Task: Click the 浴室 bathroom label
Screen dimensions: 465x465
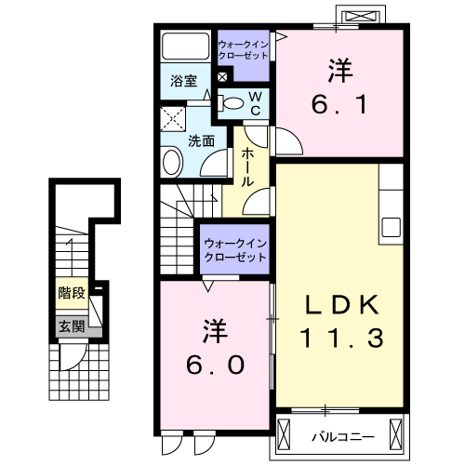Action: point(182,81)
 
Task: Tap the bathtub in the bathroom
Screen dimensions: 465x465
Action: point(186,46)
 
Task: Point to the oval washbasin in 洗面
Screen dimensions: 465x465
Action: point(173,163)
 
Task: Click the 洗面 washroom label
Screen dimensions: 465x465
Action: point(202,140)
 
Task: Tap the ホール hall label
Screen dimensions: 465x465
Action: point(248,167)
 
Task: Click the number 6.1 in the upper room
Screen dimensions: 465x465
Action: point(339,105)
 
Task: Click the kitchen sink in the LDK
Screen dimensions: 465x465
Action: point(390,227)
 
